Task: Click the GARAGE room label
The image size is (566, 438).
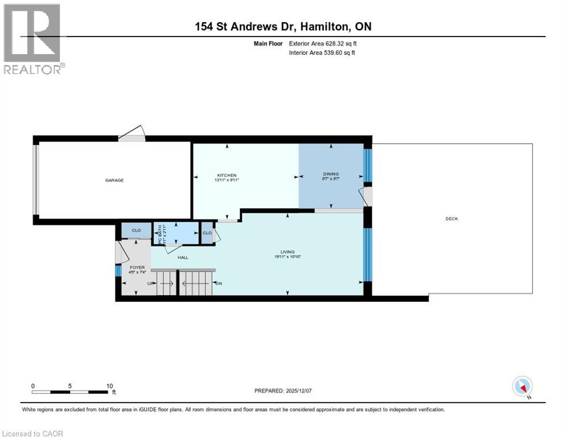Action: [114, 180]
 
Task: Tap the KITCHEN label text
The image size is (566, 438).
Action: [226, 175]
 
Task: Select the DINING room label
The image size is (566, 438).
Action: [331, 174]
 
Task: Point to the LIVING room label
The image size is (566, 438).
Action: [286, 252]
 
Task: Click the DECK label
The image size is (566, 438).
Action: [452, 219]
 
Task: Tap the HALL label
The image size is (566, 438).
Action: [183, 258]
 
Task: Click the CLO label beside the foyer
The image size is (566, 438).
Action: [136, 230]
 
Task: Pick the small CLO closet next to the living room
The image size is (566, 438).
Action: [207, 233]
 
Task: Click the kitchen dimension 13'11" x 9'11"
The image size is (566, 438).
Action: [226, 180]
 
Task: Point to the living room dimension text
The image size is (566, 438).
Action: [286, 257]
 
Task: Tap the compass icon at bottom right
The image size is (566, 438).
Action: [522, 387]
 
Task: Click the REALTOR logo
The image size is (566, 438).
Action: [33, 39]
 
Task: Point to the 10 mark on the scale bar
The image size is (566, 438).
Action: [109, 386]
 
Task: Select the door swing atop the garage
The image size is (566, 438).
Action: [132, 133]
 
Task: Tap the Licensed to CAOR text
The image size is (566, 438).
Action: [32, 433]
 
